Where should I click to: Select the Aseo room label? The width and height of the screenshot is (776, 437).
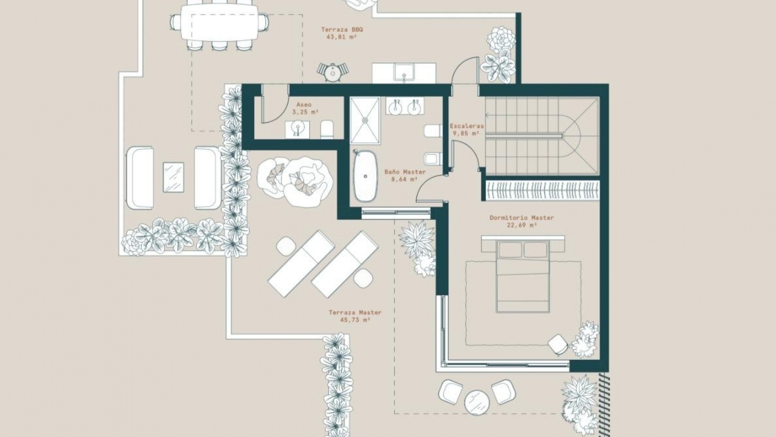tap(304, 105)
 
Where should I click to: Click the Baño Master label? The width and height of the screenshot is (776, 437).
tap(405, 172)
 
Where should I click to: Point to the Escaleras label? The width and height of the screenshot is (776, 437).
tap(467, 126)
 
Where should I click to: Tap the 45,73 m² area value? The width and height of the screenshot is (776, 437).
tap(355, 320)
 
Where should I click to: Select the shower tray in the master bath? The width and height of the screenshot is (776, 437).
tap(365, 120)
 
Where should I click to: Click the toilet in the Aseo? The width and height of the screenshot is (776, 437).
tap(327, 129)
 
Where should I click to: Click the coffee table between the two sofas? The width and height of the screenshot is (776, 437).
tap(173, 177)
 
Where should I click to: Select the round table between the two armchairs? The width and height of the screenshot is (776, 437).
tap(477, 402)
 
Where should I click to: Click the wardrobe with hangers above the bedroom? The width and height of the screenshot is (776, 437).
tap(542, 190)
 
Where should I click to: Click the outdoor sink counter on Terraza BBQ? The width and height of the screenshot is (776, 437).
tap(404, 73)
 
